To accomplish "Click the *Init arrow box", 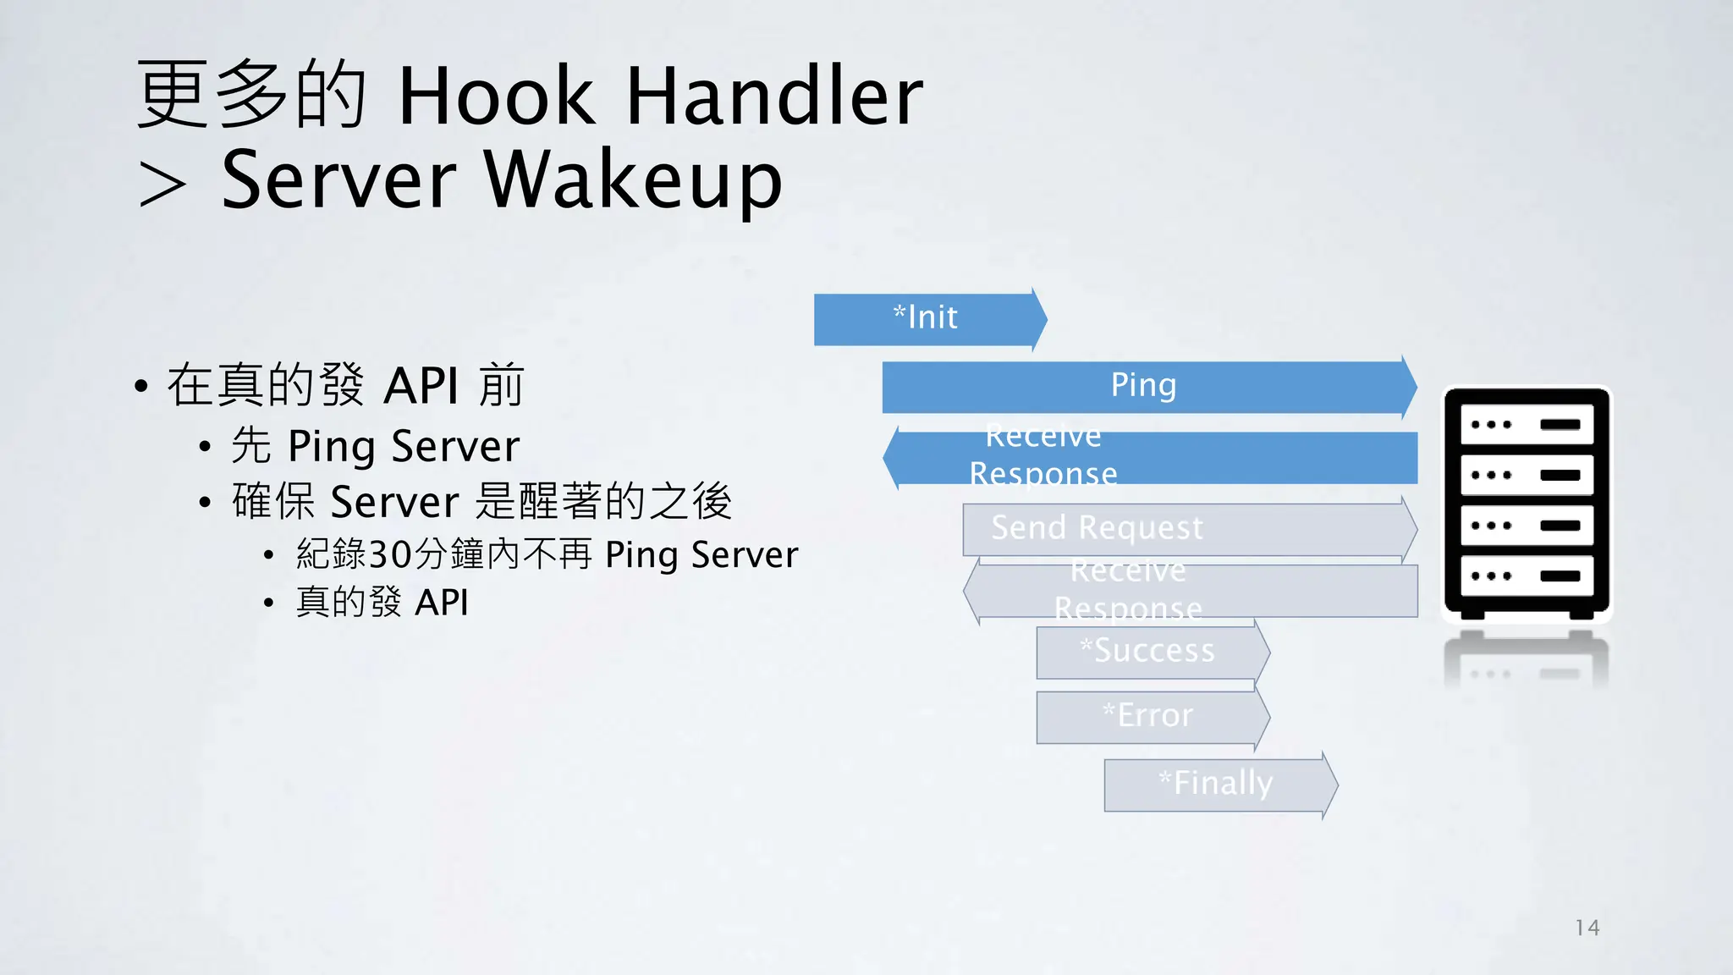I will click(927, 319).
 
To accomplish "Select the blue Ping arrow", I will click(1144, 387).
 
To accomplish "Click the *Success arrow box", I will click(1148, 652).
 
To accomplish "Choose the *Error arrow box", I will click(1148, 717).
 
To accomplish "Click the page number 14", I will click(1587, 928).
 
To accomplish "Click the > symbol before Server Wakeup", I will click(162, 185).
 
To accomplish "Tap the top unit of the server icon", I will click(1526, 425).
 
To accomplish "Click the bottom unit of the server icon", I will click(1526, 576).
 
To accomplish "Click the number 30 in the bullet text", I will click(390, 554).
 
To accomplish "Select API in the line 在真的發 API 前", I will click(421, 386).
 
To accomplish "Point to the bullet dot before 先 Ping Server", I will click(205, 447).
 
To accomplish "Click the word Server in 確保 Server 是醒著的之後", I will click(394, 502).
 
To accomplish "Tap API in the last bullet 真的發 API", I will click(442, 603).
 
